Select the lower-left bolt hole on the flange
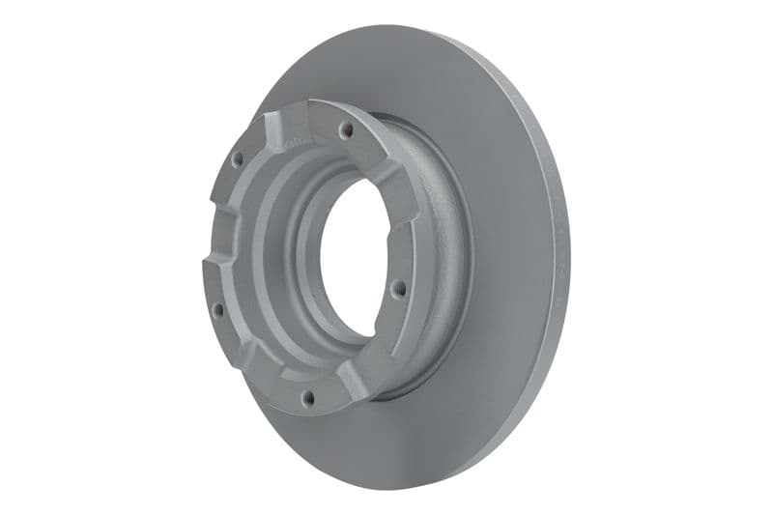pos(218,310)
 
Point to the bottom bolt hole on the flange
pos(307,395)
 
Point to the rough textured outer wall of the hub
pos(440,242)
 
